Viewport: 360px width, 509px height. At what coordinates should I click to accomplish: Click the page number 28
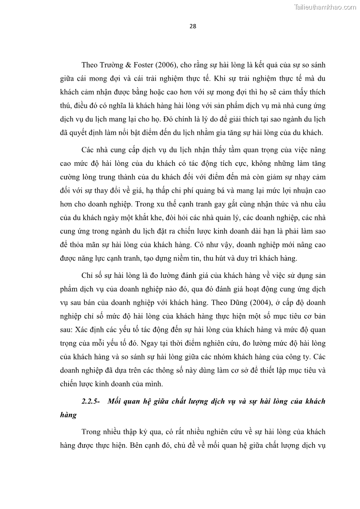(x=193, y=26)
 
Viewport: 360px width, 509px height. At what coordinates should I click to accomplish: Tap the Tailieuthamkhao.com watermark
(x=325, y=7)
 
